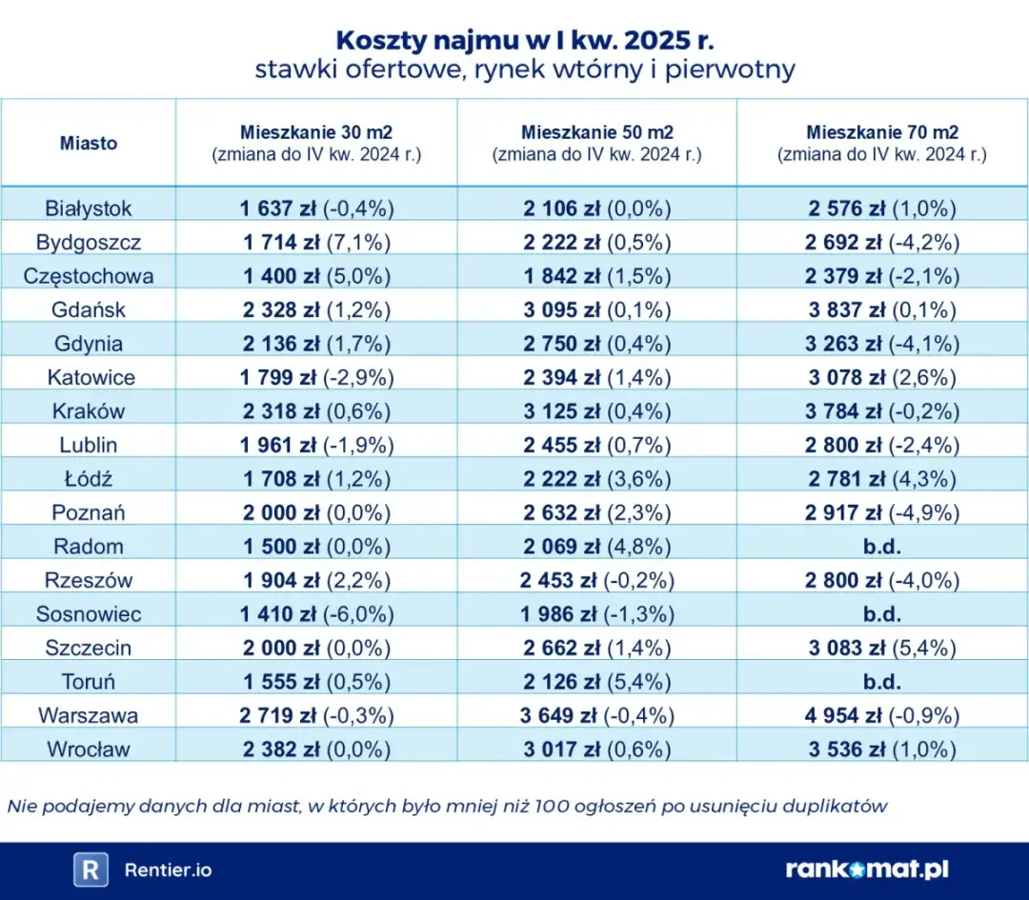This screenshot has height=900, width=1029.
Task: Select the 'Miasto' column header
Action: coord(89,143)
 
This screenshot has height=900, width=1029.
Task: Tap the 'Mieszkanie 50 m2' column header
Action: coord(596,132)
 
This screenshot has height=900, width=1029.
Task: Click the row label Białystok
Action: coord(89,209)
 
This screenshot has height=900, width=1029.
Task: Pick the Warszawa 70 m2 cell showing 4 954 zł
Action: coord(881,715)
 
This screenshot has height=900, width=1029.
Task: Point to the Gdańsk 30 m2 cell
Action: coord(317,310)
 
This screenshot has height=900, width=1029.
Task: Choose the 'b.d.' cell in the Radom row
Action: coord(881,547)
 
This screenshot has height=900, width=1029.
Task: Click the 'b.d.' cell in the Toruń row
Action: coord(881,682)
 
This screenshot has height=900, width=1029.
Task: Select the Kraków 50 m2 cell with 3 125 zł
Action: coord(596,411)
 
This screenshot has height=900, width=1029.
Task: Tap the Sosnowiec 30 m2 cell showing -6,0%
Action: coord(317,614)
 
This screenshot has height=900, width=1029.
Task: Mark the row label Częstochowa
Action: coord(89,276)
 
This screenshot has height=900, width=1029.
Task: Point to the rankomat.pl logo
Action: coord(866,870)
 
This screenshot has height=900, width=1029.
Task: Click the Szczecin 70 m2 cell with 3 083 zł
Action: coord(881,649)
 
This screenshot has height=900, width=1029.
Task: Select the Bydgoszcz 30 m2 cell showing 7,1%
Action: coord(317,242)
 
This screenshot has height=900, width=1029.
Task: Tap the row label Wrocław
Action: coord(89,750)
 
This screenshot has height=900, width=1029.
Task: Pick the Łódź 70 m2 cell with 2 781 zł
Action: coord(881,479)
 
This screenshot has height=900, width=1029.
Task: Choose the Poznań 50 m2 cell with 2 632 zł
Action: coord(596,512)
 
